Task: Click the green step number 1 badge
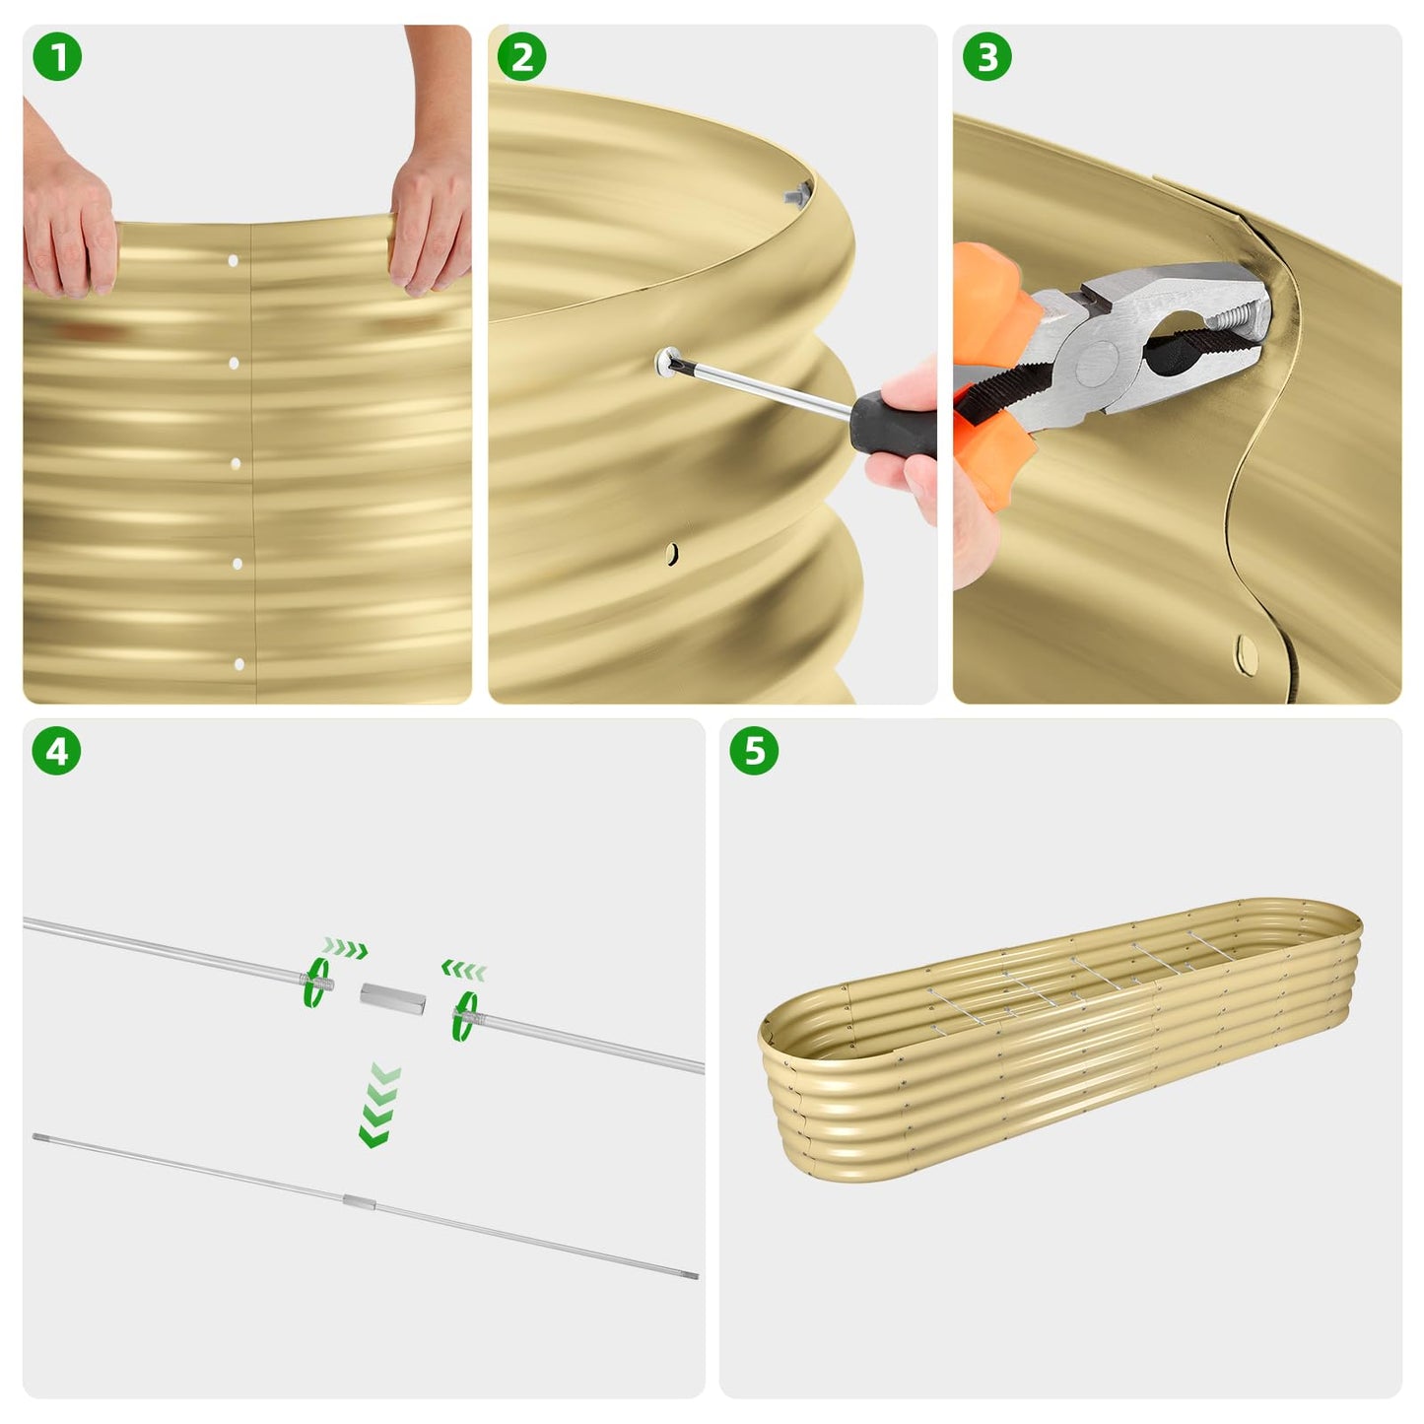coord(57,57)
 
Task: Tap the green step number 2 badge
coord(521,57)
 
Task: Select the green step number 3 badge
coord(986,57)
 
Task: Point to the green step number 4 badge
coord(57,751)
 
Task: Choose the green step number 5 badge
coord(754,751)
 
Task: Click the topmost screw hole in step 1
coord(234,261)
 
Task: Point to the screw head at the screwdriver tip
coord(668,362)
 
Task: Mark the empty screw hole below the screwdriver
coord(671,554)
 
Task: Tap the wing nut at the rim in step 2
coord(796,193)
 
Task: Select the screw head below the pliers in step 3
coord(1246,651)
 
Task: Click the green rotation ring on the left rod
coord(316,983)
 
